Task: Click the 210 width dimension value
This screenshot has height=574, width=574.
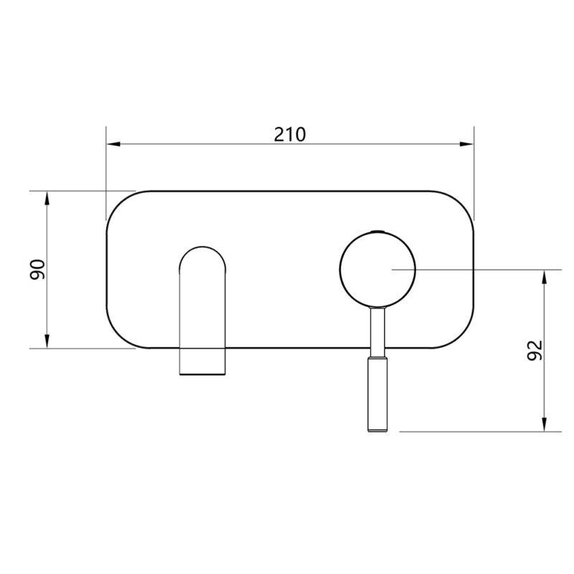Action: pos(290,134)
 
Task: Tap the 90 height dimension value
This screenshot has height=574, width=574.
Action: pos(37,270)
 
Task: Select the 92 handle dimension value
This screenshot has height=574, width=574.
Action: pos(535,350)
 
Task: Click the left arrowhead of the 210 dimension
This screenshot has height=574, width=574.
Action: pos(113,144)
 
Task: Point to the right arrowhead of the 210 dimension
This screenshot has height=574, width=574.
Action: pos(467,144)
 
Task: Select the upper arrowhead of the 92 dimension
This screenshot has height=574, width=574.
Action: pos(545,277)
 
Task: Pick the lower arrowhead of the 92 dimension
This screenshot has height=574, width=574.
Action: pos(545,425)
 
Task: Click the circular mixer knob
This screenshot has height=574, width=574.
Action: pos(377,270)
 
